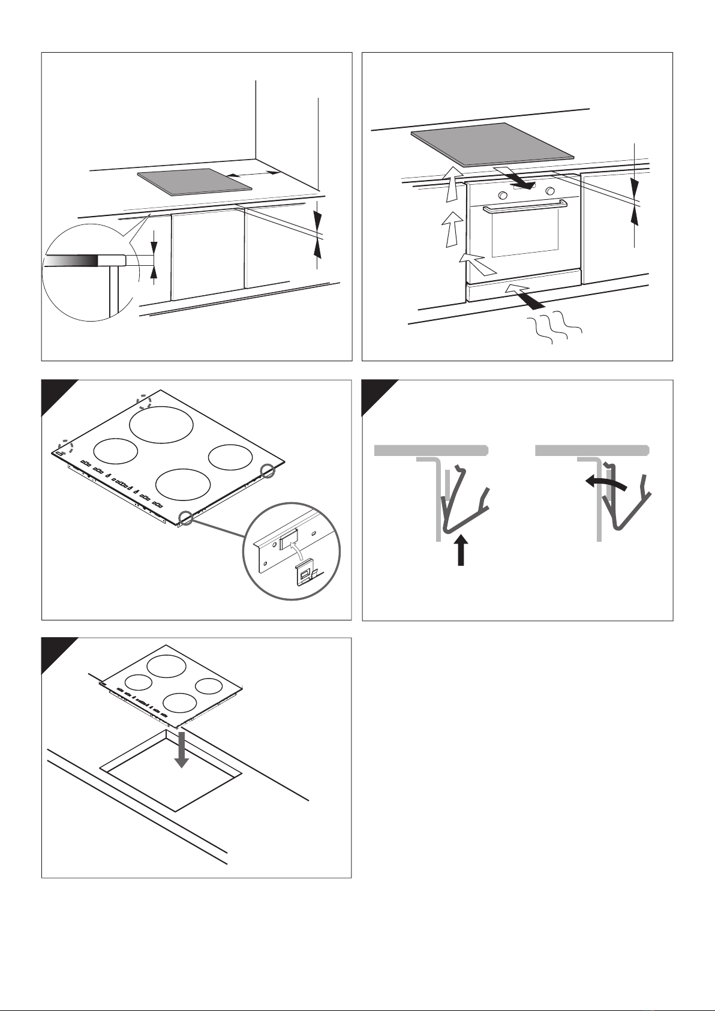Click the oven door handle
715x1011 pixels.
pos(525,208)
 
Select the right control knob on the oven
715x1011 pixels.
pos(550,191)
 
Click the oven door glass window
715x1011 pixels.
pos(524,236)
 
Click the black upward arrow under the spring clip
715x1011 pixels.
pos(460,550)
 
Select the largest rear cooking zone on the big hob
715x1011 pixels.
pos(162,424)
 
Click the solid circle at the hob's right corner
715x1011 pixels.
pos(270,470)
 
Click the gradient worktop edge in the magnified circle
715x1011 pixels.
pos(72,260)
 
